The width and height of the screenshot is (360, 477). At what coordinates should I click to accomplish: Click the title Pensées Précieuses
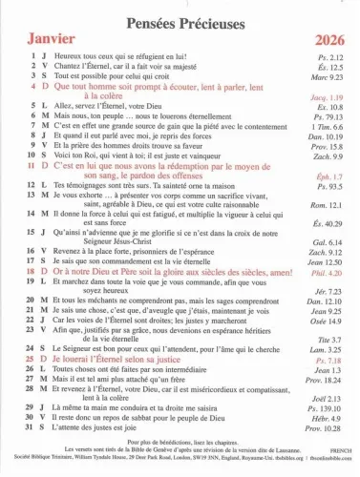180,16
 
